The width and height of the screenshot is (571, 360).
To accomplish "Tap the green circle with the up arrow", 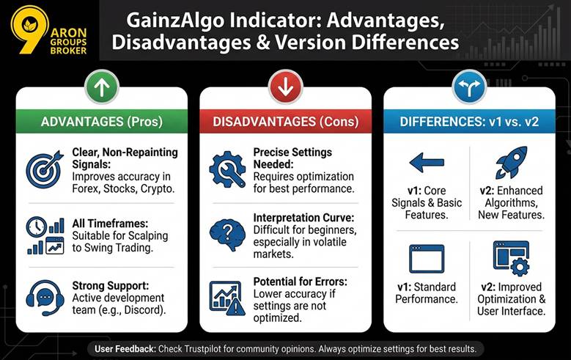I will tap(102, 88).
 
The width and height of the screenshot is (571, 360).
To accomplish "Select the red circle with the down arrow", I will tap(285, 88).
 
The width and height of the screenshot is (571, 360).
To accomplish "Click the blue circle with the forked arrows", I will tap(469, 88).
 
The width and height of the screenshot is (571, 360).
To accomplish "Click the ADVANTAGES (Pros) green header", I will tap(102, 121).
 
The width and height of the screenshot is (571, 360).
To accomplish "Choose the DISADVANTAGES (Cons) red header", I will tap(285, 121).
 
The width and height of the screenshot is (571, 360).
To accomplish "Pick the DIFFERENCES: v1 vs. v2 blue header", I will tap(469, 121).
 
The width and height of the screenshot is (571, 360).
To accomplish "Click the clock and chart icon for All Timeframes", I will tap(45, 235).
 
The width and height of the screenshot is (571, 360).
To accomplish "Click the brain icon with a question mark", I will tap(227, 234).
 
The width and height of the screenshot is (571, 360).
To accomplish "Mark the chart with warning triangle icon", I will tap(227, 298).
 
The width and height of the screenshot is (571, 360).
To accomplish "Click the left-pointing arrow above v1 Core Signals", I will tap(427, 164).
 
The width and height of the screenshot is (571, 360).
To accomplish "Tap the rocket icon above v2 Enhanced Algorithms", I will tap(511, 163).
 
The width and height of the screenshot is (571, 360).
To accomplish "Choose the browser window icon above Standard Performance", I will tap(427, 259).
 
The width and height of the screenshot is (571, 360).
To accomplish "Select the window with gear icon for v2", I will tap(511, 257).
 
